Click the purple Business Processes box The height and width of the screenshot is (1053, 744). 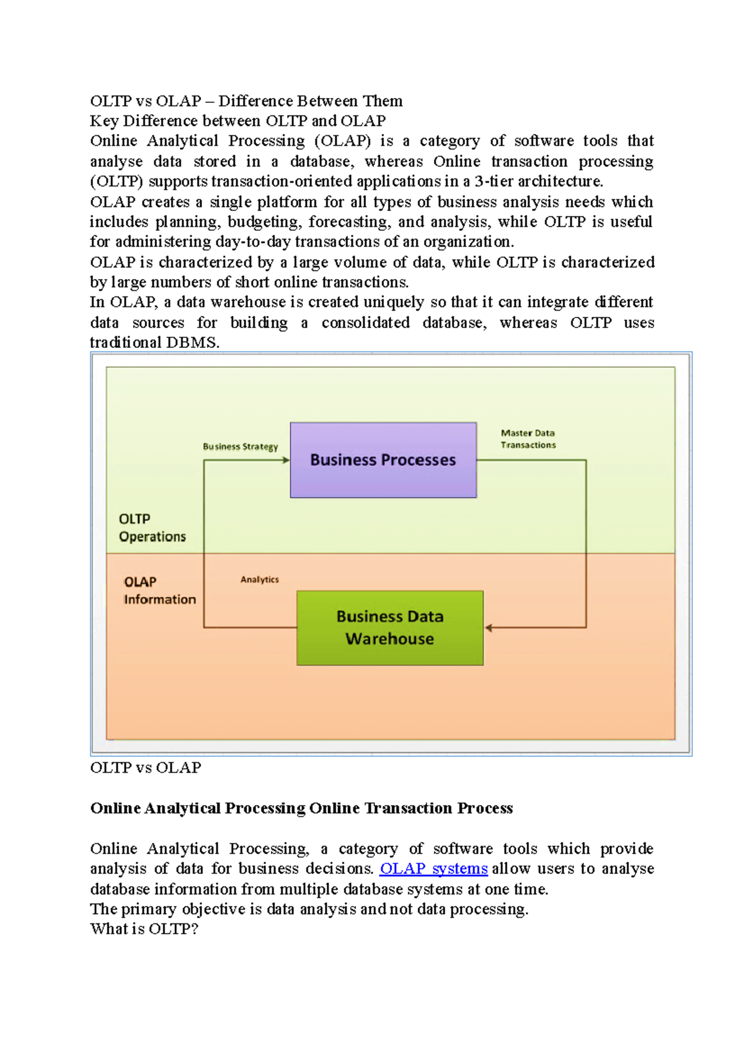click(x=383, y=460)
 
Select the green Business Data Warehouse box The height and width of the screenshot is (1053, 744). click(x=389, y=628)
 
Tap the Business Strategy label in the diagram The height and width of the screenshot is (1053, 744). click(x=240, y=447)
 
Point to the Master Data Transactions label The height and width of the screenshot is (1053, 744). click(x=528, y=439)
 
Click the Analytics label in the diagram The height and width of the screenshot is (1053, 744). click(x=259, y=579)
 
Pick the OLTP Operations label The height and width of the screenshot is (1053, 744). click(x=152, y=528)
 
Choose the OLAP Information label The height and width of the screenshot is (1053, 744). click(x=159, y=590)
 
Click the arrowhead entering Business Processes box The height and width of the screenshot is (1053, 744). click(x=286, y=460)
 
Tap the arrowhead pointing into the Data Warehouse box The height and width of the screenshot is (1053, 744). click(x=489, y=628)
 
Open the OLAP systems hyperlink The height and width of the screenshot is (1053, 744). click(x=433, y=869)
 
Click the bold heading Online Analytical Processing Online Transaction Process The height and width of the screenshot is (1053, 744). click(x=301, y=808)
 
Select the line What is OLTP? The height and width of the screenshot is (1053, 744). click(x=144, y=929)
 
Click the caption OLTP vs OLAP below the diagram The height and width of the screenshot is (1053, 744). click(x=146, y=768)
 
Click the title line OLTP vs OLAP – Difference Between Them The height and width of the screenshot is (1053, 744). click(x=246, y=101)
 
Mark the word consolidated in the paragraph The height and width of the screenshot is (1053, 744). click(x=365, y=322)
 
